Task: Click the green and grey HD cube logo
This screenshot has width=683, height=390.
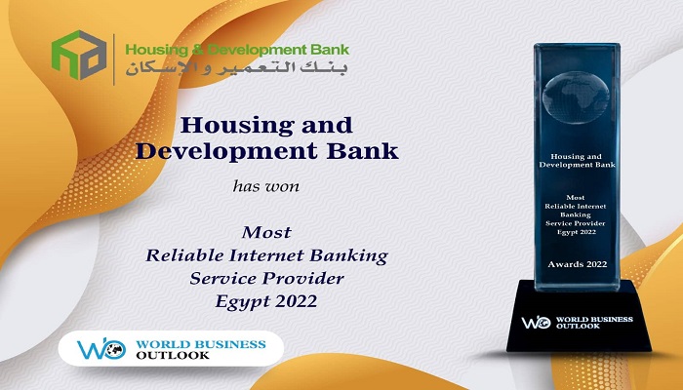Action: (79, 55)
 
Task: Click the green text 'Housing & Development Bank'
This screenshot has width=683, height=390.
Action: (237, 50)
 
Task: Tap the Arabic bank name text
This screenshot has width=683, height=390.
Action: (236, 69)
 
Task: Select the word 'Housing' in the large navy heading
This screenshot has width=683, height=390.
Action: (236, 126)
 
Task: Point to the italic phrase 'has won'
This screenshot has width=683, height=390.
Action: (266, 186)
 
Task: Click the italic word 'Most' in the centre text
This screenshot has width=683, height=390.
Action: (266, 232)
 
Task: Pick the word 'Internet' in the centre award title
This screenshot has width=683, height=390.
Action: (267, 255)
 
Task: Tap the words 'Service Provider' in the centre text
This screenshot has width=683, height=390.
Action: (266, 278)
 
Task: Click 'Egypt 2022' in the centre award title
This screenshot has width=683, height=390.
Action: (266, 301)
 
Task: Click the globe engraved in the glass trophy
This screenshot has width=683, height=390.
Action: (576, 97)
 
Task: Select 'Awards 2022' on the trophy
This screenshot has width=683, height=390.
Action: (578, 264)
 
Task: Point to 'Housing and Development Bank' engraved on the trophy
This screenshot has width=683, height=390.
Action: (577, 161)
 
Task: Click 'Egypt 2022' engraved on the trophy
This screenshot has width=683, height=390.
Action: (577, 232)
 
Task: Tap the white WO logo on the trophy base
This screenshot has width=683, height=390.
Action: (537, 322)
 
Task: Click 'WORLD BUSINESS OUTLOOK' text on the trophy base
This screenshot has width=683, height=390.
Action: (594, 323)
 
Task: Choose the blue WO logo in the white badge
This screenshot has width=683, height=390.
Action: (101, 349)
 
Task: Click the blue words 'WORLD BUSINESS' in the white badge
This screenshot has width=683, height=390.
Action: (200, 344)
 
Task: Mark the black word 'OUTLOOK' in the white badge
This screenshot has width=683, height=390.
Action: (173, 355)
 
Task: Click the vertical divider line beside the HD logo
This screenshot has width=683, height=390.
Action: (114, 59)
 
